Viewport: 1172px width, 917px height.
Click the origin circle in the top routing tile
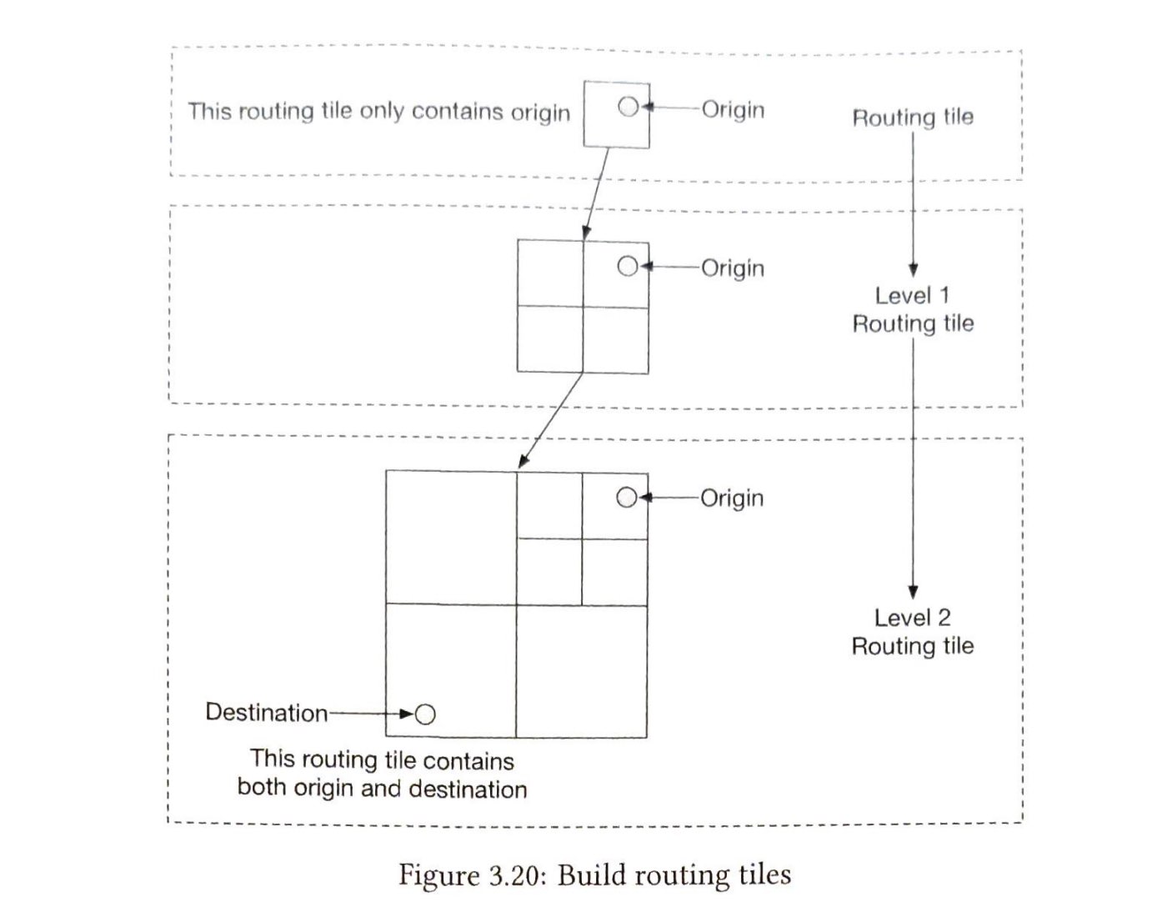point(629,107)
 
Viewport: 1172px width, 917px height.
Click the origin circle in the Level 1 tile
point(627,266)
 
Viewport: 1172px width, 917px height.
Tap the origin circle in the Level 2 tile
point(626,498)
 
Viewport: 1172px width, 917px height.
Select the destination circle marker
point(425,714)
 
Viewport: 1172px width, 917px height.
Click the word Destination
point(266,713)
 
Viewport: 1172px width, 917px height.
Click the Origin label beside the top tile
point(733,109)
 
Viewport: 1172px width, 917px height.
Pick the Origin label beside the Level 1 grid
point(732,268)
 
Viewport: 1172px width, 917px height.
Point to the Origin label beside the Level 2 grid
point(731,498)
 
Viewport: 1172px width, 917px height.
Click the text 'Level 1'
point(912,295)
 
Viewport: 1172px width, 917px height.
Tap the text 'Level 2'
point(912,618)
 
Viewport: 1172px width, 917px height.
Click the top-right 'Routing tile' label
point(912,118)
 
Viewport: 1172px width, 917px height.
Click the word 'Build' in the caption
point(594,875)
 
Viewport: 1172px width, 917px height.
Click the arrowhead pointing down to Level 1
point(913,269)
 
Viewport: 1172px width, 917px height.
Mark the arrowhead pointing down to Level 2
point(913,592)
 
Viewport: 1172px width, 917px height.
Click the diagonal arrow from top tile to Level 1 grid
point(598,192)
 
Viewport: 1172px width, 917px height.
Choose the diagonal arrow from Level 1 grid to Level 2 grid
point(551,419)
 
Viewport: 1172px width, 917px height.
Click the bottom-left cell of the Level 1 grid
point(549,339)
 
